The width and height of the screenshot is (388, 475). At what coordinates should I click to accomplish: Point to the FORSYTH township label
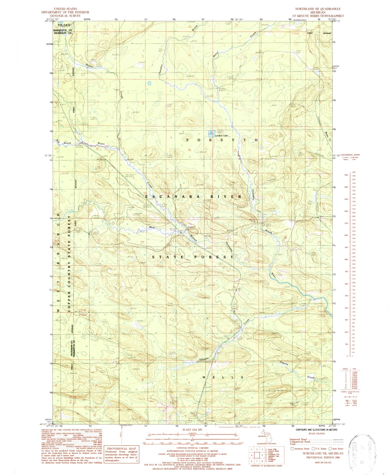click(222, 140)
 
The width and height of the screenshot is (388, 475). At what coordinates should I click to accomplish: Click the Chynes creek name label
click(284, 363)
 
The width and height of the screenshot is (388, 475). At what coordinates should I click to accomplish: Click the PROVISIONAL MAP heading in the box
click(121, 448)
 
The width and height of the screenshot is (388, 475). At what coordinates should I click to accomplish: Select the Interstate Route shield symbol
click(292, 449)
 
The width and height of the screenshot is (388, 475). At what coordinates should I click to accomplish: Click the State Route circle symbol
click(329, 449)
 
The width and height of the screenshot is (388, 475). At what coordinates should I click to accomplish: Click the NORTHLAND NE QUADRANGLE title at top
click(318, 9)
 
